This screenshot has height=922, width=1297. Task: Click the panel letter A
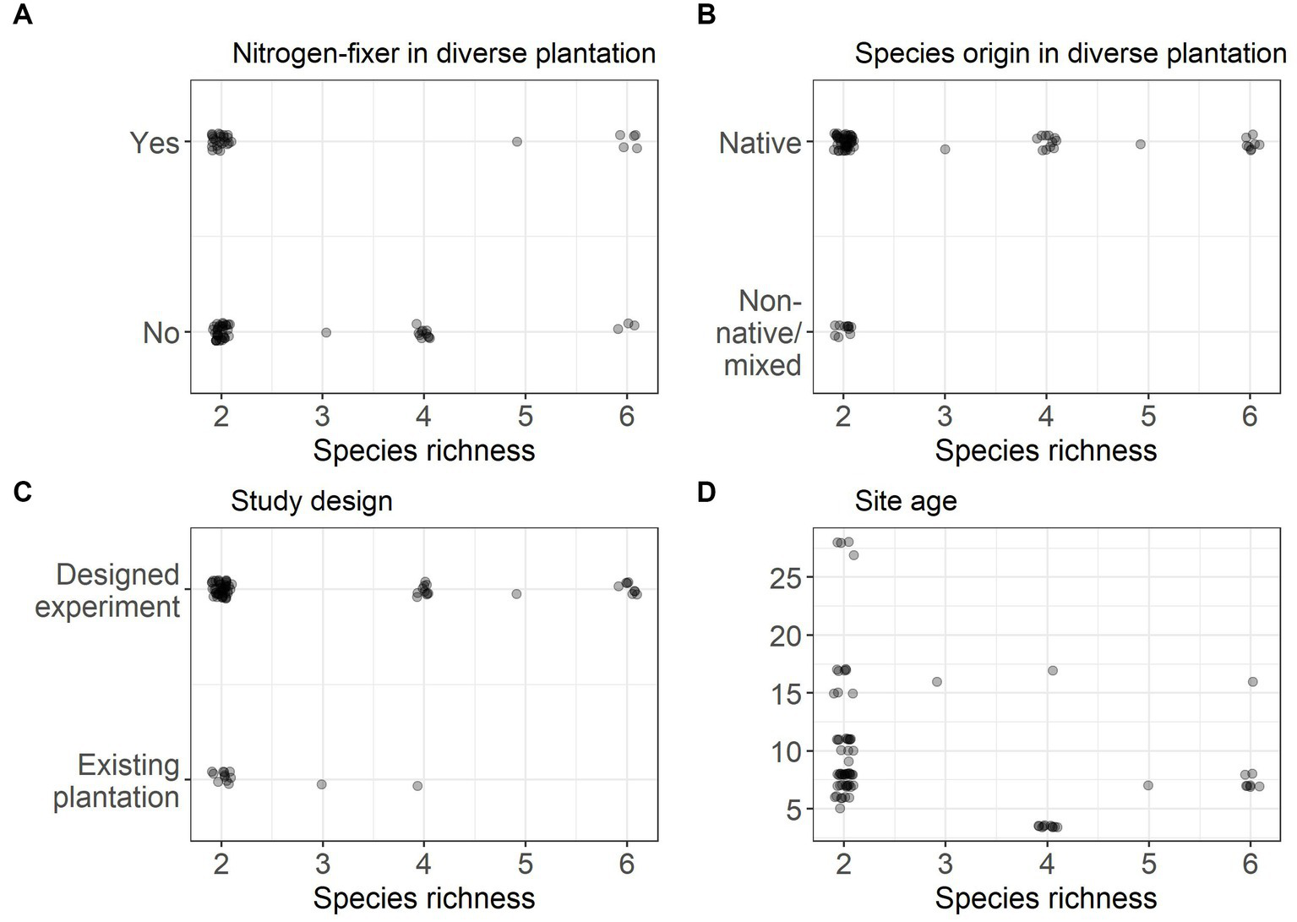click(23, 15)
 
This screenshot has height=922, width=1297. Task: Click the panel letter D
click(706, 492)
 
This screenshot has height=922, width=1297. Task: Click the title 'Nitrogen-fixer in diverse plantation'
click(444, 53)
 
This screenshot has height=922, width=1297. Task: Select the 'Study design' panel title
click(311, 501)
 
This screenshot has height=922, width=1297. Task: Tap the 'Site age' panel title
click(905, 501)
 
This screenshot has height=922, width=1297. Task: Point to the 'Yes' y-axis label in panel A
click(155, 143)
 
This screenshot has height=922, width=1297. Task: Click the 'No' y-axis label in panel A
click(161, 333)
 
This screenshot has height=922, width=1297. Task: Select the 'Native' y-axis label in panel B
click(760, 143)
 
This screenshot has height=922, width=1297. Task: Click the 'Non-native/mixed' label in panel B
click(759, 333)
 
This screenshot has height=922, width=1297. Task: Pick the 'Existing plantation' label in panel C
click(117, 781)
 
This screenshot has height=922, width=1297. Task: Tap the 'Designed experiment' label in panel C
click(108, 590)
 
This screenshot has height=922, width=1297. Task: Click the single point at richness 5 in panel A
click(517, 141)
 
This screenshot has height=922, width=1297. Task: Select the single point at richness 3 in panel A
click(326, 332)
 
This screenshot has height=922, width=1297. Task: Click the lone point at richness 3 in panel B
click(945, 150)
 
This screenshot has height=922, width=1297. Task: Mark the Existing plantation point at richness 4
click(417, 786)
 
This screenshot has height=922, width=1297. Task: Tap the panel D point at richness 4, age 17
click(1053, 670)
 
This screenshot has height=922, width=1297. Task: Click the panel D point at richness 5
click(1147, 785)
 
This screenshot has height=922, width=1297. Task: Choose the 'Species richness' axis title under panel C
click(423, 897)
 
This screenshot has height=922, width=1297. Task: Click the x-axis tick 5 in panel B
click(1147, 416)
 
